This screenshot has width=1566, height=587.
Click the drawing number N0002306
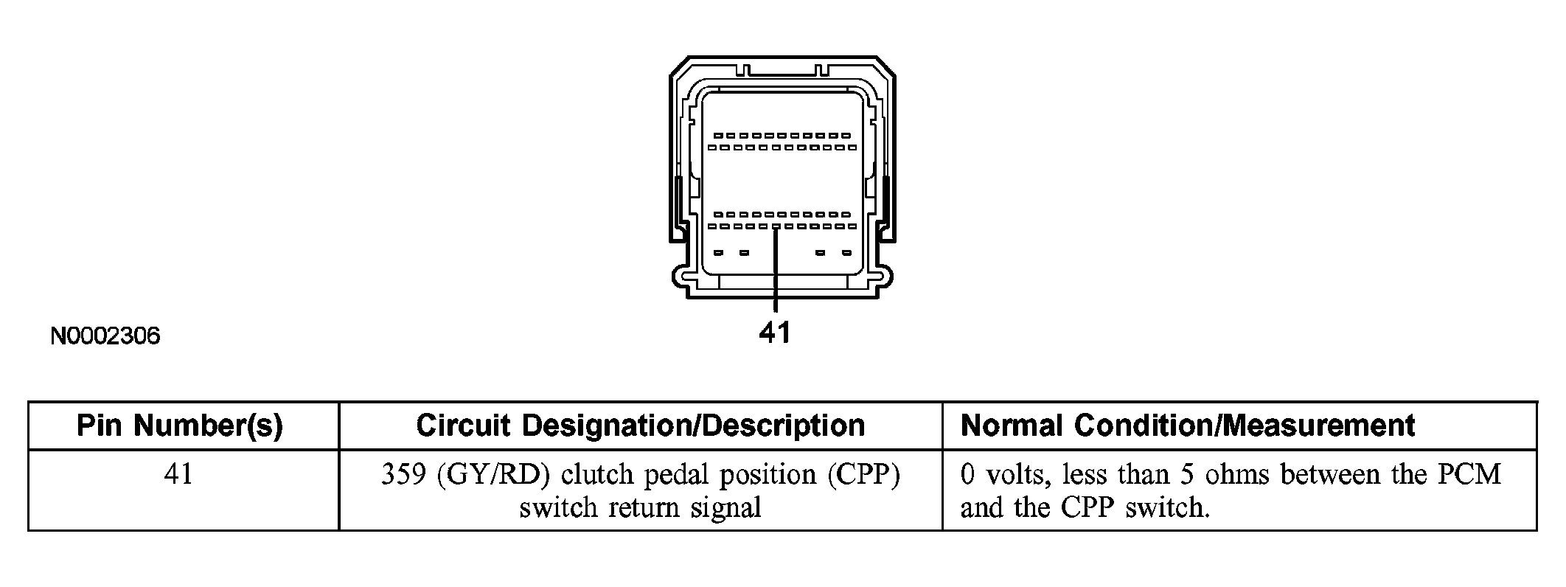[105, 336]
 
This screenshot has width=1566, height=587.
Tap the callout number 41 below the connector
[774, 333]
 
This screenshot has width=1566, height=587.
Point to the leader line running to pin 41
[776, 273]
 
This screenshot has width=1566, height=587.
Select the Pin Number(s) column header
[180, 426]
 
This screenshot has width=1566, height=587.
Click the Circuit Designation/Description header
[640, 426]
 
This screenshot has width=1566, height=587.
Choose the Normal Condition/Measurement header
[1187, 426]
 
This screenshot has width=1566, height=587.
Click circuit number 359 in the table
[403, 474]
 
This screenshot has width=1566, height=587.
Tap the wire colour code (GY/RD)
[493, 474]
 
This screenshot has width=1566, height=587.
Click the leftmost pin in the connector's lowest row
[717, 253]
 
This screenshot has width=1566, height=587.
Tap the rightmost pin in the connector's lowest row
[846, 253]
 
